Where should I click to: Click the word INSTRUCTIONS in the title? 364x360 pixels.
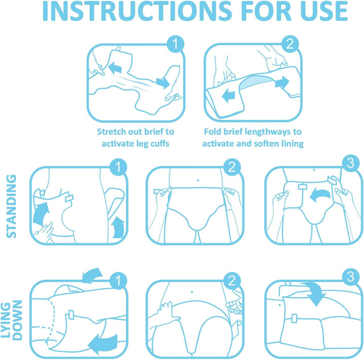(137, 11)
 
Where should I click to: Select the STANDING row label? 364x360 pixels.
(11, 206)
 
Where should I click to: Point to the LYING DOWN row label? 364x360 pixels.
(11, 321)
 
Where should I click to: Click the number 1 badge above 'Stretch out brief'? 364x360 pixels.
(175, 44)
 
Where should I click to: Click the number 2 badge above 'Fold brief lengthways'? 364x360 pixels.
(290, 44)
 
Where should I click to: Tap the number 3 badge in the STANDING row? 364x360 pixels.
(351, 163)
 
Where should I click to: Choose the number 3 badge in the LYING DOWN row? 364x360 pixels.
(351, 277)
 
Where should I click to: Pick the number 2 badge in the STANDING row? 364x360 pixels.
(232, 167)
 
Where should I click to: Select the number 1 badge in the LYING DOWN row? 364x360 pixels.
(118, 281)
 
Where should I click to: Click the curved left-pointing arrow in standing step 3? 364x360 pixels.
(320, 195)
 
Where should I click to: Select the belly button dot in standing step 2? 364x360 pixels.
(198, 180)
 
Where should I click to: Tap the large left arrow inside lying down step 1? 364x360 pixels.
(103, 343)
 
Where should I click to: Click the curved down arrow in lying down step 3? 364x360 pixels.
(314, 293)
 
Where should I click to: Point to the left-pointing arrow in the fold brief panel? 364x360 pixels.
(229, 96)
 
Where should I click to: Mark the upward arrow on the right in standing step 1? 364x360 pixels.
(118, 228)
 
